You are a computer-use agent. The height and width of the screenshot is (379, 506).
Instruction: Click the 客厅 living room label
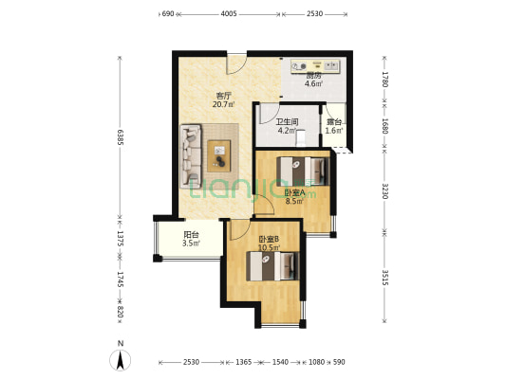point(224,96)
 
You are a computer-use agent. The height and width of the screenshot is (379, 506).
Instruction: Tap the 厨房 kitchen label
point(313,76)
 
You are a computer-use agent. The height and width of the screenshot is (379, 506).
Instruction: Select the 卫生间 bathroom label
point(287,122)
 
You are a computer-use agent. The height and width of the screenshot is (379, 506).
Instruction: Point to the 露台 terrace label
point(333,122)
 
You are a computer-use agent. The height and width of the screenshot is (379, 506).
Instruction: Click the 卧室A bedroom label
point(294,193)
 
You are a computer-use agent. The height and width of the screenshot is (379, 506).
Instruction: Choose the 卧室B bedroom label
point(269,240)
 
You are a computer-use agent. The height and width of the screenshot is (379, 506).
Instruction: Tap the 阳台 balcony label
point(191,235)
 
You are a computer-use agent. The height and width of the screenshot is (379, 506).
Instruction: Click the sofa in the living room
point(191,156)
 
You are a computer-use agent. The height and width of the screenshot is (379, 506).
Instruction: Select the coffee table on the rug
point(219,155)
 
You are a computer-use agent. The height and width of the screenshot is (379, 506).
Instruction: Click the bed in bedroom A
point(303,171)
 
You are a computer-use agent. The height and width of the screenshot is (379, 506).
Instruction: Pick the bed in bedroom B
point(272,266)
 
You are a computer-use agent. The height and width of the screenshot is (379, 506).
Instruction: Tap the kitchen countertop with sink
point(315,66)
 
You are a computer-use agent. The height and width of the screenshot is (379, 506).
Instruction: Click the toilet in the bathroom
point(301,137)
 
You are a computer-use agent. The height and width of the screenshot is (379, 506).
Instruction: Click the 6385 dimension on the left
point(120,137)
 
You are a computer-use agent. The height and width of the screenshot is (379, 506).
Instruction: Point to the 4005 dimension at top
point(229,14)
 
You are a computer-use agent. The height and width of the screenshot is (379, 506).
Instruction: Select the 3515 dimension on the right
point(384,278)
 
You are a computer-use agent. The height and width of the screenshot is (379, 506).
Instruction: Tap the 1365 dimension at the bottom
point(243,362)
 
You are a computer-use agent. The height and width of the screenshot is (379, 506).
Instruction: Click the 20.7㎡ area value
point(223,104)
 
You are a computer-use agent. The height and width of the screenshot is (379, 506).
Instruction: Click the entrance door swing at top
point(236,64)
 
